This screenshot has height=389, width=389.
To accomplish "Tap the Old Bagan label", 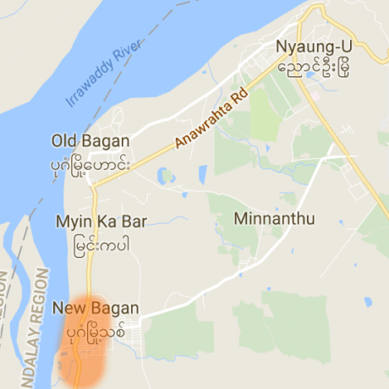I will click(90, 140).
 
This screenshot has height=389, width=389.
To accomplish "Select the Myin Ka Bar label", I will click(101, 222).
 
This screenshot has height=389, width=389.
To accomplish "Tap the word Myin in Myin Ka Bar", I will click(73, 222).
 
